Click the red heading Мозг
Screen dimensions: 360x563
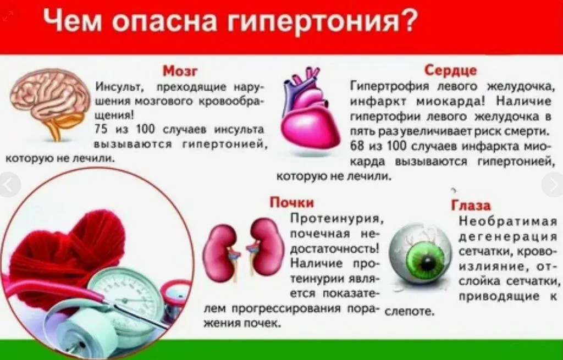(x=180, y=72)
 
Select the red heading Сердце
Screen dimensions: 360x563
(x=450, y=70)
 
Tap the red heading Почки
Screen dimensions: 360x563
(x=291, y=202)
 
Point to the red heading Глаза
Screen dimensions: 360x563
(x=471, y=206)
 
